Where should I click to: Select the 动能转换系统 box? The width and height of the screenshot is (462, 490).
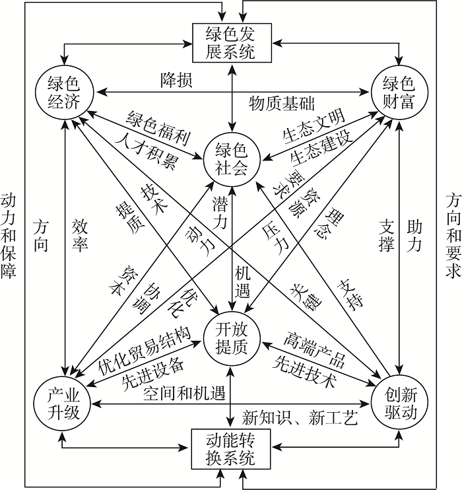[230, 448]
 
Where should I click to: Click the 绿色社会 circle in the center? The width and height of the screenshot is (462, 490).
[230, 158]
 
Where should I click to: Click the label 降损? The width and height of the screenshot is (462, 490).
[176, 80]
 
